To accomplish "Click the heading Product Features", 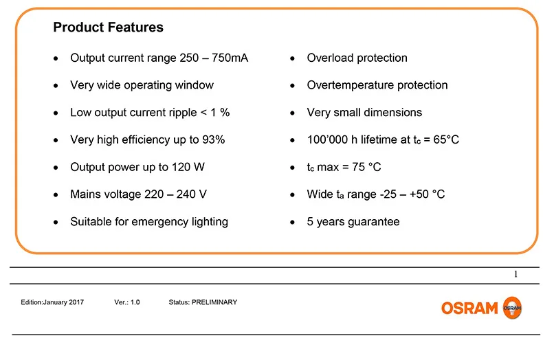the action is [x=108, y=27].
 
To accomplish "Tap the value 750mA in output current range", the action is [x=230, y=58].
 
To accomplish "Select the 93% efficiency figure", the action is [x=214, y=139].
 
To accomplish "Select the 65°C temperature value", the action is [x=446, y=139].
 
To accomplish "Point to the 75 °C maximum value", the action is [x=366, y=167].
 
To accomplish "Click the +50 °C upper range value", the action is [x=427, y=194].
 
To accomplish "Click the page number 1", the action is [x=516, y=274].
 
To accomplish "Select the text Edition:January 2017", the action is [x=52, y=302].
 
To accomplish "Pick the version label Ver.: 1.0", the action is [x=127, y=302].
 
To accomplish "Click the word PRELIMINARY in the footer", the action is [x=214, y=302].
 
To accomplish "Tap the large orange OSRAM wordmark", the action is [x=469, y=308].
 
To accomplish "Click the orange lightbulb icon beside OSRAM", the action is [x=512, y=307].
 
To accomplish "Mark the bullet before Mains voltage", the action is [x=56, y=195].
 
